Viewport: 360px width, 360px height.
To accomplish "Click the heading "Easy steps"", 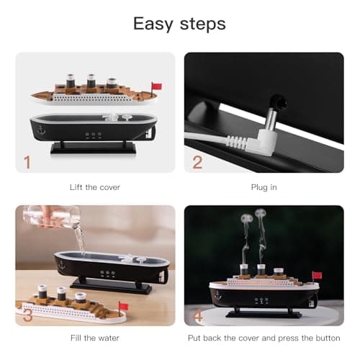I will point(179,24).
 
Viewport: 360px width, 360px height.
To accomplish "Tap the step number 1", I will point(27,162).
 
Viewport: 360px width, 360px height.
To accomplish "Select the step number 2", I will point(197,162).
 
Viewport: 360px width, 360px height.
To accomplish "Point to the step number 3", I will point(27,314).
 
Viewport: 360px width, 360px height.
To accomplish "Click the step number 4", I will point(197,314).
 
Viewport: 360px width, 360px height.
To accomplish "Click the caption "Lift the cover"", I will point(95,187).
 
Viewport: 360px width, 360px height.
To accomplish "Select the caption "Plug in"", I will point(264,187).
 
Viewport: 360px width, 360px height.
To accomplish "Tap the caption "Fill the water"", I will point(95,340).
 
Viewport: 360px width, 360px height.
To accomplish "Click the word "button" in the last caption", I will point(325,340).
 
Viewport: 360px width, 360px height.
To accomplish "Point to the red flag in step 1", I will point(156,86).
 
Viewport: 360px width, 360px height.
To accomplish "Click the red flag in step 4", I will point(316,275).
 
